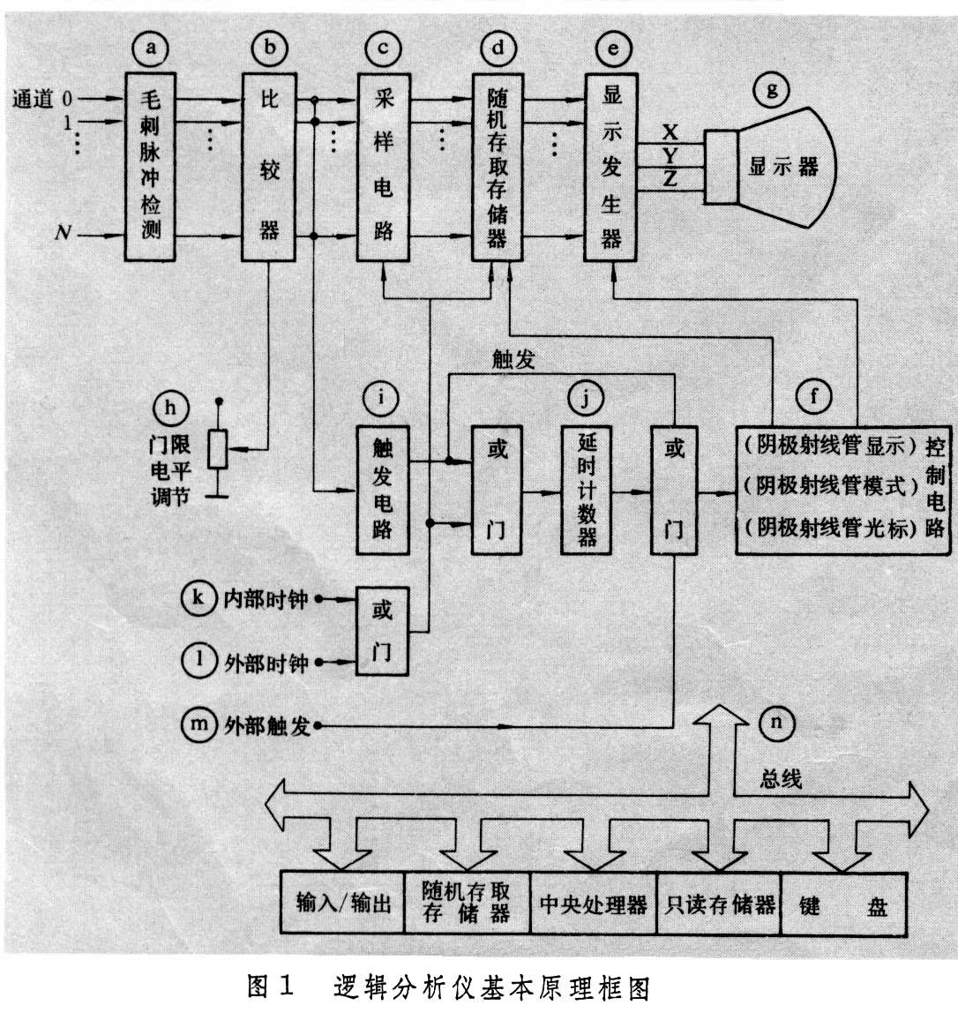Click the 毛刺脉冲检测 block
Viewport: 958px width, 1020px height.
[150, 166]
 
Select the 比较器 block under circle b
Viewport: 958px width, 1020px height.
[269, 166]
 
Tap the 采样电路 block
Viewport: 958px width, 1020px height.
[383, 166]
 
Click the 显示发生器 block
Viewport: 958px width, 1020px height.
[610, 166]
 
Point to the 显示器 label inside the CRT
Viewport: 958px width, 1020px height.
[782, 167]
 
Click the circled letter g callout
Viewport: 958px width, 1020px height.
[773, 90]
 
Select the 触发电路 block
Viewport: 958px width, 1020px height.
[383, 490]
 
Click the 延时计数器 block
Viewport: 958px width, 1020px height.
[587, 490]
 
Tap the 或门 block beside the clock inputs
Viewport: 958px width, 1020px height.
[382, 631]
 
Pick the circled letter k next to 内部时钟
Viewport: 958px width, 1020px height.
[198, 598]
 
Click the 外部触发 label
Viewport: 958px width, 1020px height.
[267, 726]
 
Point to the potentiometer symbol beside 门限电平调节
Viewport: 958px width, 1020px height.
[219, 449]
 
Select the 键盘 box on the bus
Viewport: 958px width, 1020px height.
[842, 904]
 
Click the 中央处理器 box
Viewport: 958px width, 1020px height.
[593, 904]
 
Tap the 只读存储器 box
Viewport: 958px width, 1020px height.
[719, 904]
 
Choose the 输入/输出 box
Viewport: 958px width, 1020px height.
[343, 904]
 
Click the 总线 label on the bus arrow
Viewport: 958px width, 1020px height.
[780, 779]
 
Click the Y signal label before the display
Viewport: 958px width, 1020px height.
[670, 156]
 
